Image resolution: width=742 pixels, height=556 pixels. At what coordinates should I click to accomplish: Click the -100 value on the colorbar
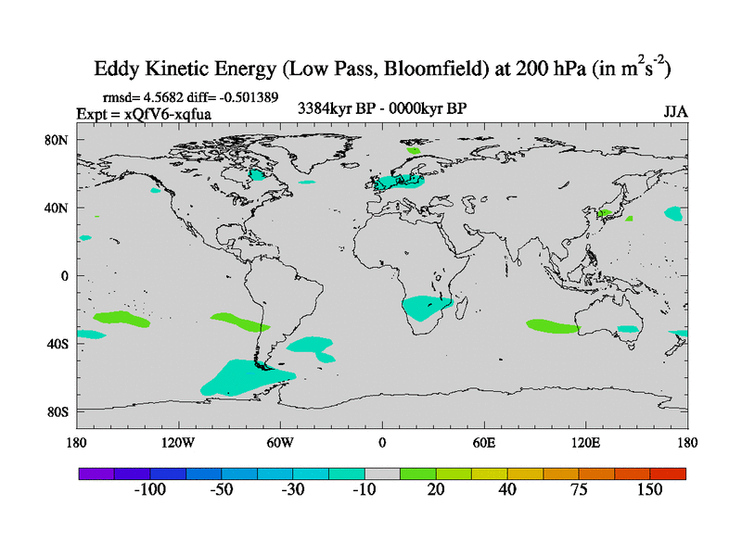[x=149, y=489]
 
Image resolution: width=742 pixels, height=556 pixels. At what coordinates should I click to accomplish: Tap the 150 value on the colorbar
[x=649, y=489]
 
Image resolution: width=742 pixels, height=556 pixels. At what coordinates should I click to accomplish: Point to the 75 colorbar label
[x=579, y=489]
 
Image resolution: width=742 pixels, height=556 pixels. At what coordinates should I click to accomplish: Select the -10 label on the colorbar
[x=364, y=489]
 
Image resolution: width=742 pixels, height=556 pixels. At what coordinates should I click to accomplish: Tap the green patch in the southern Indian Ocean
[x=553, y=326]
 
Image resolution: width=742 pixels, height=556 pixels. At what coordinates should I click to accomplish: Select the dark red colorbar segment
[x=668, y=473]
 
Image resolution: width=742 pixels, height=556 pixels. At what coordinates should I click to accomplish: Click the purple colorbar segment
[x=96, y=473]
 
